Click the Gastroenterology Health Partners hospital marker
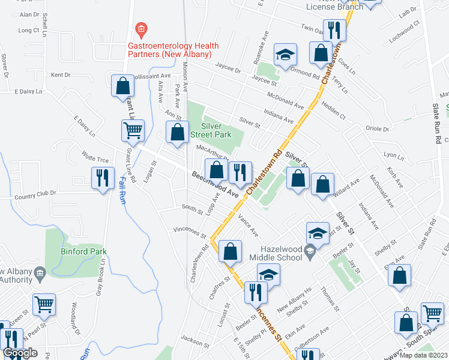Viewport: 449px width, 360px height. tap(141, 28)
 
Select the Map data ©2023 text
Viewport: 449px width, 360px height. tap(423, 355)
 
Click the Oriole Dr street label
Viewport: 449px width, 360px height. tap(379, 128)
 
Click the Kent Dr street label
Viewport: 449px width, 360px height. tap(60, 75)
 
